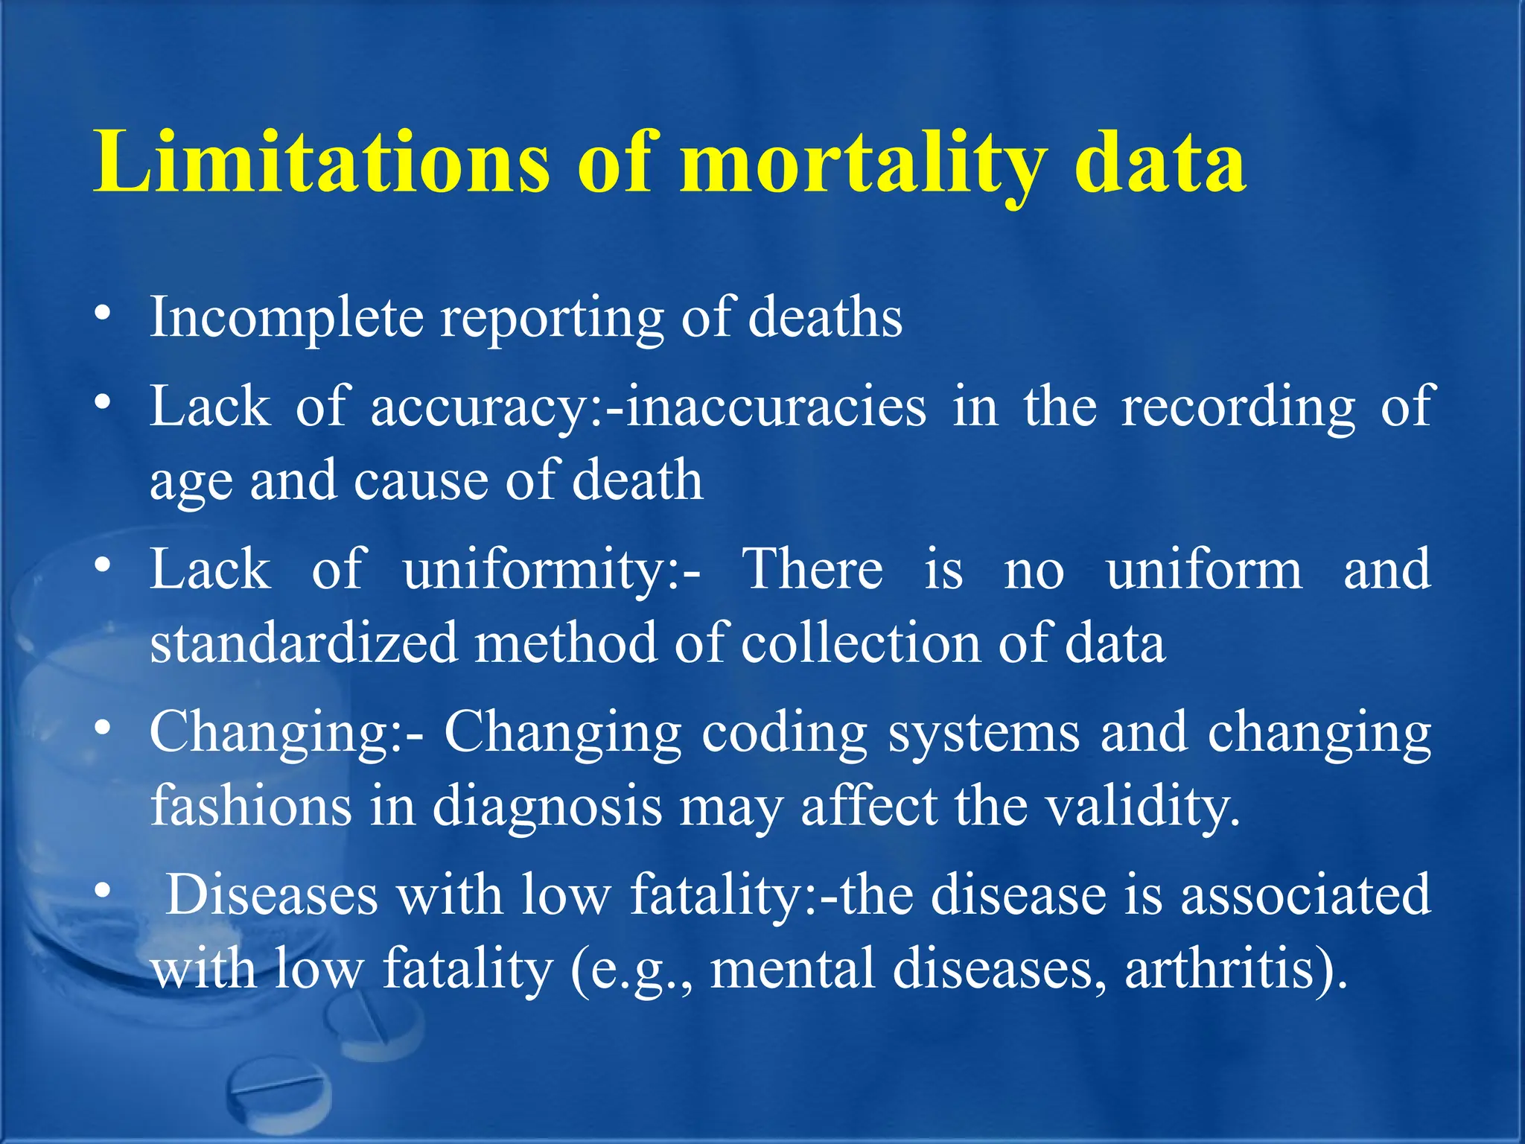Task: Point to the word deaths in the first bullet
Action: pos(825,317)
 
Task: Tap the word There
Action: pos(813,569)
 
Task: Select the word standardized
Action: pos(304,643)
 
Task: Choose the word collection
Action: pos(860,643)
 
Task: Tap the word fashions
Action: pos(251,807)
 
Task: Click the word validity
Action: pos(1144,807)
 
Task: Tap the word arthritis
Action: pos(1229,969)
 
